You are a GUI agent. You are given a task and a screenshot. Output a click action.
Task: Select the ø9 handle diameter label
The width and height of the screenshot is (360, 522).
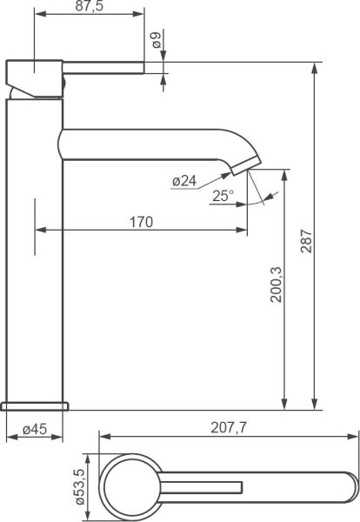pos(155,40)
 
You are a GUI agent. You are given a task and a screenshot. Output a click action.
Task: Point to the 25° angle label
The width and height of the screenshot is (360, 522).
pos(223,196)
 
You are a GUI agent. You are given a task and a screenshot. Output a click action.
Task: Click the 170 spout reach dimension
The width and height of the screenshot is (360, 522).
pos(141,222)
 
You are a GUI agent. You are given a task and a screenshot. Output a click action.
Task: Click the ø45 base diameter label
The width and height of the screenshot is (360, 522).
pos(34,428)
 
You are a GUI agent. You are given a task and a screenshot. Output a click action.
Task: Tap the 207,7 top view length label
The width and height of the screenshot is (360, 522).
pos(229,428)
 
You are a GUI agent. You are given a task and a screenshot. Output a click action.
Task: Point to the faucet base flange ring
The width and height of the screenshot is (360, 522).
pos(36,405)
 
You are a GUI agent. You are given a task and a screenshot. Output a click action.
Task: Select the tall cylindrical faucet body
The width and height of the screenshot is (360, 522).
pos(35,261)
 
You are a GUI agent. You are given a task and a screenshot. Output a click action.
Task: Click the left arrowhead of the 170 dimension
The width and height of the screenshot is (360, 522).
pos(39,231)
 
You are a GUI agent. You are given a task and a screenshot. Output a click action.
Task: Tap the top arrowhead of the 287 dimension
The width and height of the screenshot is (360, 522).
pos(313,67)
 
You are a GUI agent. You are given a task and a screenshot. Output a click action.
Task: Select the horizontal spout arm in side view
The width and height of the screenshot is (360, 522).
pos(148,144)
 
